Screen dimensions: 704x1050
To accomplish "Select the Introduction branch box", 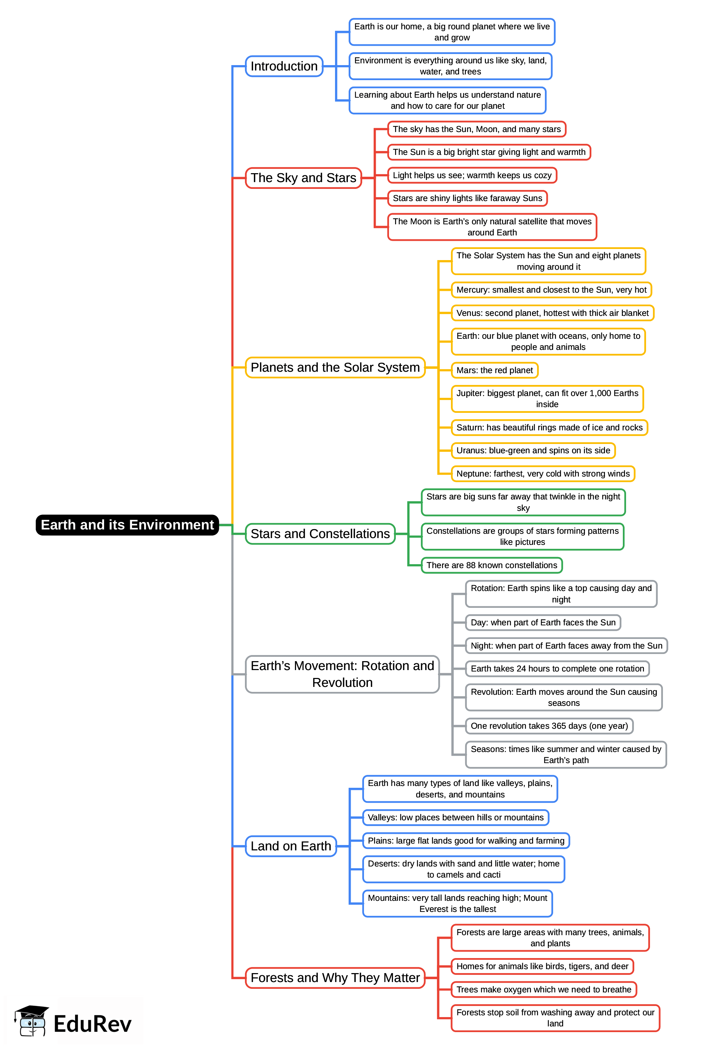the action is [x=284, y=66].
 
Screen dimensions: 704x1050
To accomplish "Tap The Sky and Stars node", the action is [x=303, y=178].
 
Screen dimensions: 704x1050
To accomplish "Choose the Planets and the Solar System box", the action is [x=335, y=367].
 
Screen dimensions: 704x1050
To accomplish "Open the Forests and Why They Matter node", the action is [x=335, y=978].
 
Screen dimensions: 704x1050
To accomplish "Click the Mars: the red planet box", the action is [x=494, y=370].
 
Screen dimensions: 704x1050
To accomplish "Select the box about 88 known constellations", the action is [x=492, y=565].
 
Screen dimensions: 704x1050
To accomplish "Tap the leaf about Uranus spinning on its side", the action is [x=533, y=450].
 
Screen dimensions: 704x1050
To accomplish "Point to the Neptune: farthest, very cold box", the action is [x=543, y=473].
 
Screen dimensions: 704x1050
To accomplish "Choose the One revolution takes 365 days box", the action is [x=549, y=726].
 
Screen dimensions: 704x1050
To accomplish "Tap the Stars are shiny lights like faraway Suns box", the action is [x=467, y=198].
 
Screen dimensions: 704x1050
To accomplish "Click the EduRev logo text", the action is [x=93, y=1024].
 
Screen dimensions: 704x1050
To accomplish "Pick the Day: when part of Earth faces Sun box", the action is [x=543, y=622].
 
